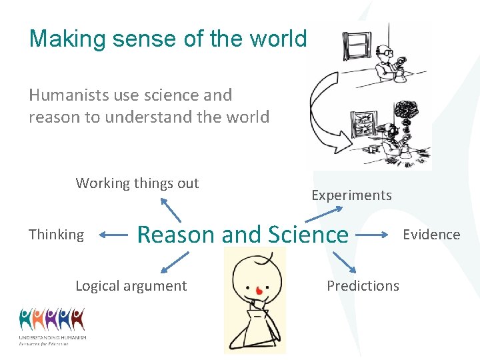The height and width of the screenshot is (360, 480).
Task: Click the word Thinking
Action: coord(57,235)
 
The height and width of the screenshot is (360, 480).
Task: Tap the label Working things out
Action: coord(137,183)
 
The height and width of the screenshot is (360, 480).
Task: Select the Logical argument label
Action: coord(131,286)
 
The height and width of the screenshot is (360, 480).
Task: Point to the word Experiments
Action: coord(351,195)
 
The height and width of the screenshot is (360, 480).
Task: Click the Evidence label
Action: coord(431,235)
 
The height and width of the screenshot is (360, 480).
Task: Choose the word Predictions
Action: coord(363,286)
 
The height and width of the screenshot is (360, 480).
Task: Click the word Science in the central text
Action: coord(307,235)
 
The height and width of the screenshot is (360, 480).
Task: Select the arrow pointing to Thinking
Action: coord(113,235)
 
